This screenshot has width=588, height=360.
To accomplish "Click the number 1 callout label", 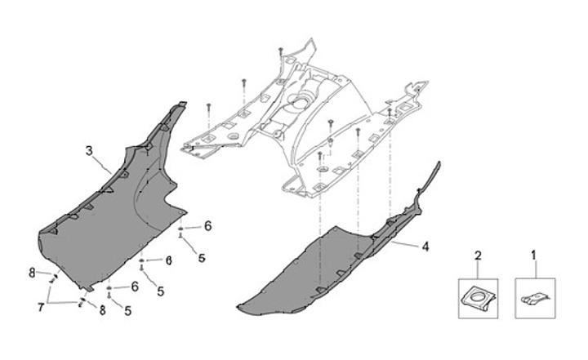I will click(534, 256).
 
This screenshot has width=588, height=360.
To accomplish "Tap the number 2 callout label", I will click(478, 256).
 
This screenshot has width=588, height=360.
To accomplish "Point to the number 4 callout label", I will click(425, 244).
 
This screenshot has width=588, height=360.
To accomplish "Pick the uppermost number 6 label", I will click(207, 225).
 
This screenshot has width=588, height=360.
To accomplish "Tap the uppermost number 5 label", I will click(200, 257).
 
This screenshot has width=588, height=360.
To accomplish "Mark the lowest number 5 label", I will click(128, 311).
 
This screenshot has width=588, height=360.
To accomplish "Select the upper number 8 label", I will click(32, 271).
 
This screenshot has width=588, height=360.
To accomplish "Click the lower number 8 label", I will click(102, 311).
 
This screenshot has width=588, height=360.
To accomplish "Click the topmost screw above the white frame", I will click(281, 51).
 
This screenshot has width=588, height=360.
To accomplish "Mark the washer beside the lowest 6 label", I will click(109, 288).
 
